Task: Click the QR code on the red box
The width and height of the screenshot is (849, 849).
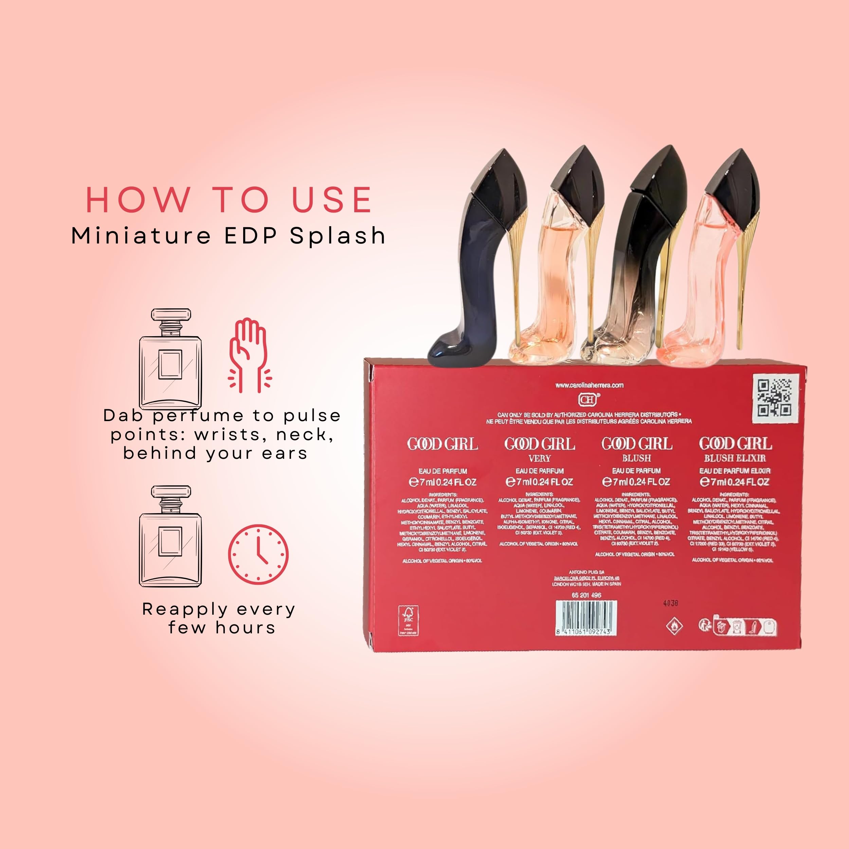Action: [x=775, y=398]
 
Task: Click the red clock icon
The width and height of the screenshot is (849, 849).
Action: [x=258, y=554]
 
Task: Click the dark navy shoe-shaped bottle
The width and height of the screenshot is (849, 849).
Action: [x=472, y=272]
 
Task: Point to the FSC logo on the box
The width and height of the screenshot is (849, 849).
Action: [x=408, y=620]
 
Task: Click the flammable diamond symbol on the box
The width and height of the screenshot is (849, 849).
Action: [x=674, y=626]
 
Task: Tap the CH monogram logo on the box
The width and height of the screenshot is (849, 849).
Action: [x=588, y=399]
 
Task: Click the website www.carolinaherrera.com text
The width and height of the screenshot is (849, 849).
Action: [x=589, y=385]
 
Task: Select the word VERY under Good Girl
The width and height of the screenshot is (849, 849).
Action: [x=540, y=458]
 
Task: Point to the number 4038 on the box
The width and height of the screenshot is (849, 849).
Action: [x=671, y=603]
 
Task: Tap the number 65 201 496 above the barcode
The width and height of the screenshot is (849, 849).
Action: [x=586, y=595]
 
